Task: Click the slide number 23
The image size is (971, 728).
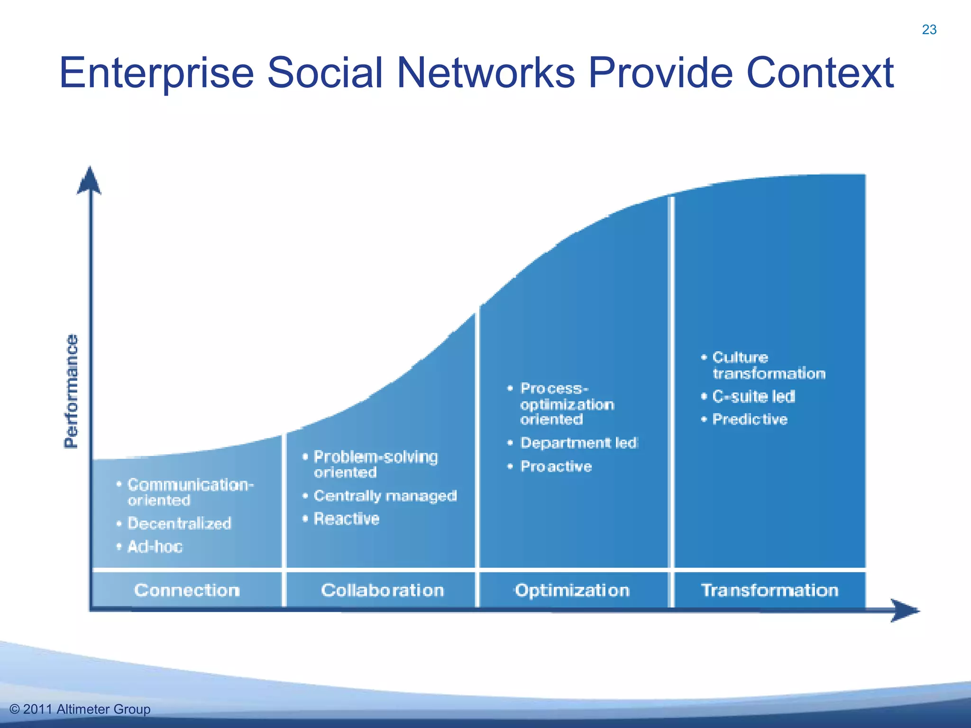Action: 929,30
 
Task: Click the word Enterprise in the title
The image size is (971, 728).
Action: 156,73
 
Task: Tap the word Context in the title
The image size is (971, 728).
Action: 820,73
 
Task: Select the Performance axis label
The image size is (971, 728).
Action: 71,391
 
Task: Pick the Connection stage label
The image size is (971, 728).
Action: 187,590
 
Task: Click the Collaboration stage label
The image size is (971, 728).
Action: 382,590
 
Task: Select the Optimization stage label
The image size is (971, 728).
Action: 572,590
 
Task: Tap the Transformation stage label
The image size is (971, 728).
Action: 769,590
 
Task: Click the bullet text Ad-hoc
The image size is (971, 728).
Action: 155,546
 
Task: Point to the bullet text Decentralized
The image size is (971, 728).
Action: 179,523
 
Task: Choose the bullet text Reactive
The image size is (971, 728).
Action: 347,519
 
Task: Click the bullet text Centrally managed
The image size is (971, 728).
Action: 385,496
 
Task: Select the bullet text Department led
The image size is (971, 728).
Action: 579,443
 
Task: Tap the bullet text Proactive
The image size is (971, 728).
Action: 556,466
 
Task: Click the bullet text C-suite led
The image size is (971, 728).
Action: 753,396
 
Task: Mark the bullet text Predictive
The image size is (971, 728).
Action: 750,419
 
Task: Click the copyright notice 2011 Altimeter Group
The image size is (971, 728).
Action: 80,709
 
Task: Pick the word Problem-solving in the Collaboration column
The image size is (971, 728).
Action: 376,457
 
